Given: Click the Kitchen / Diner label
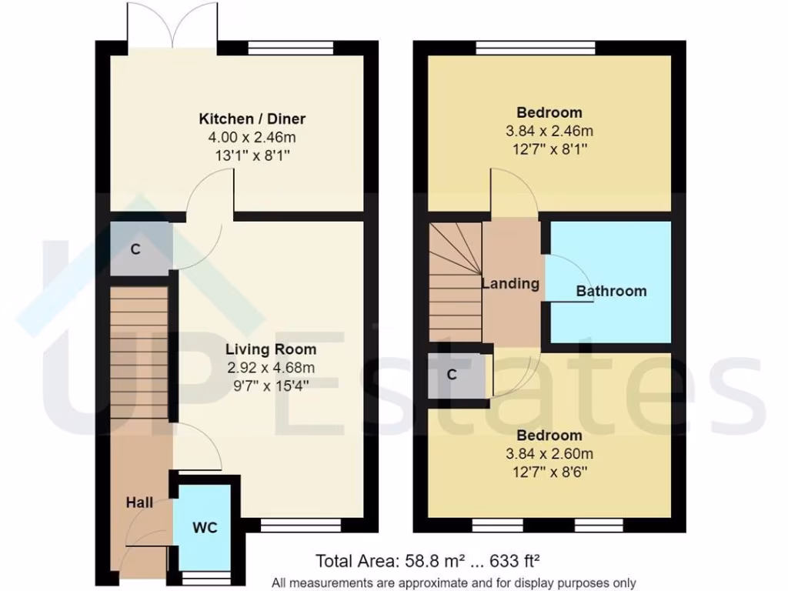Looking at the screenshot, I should [x=252, y=119].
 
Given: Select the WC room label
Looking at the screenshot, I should [x=205, y=528].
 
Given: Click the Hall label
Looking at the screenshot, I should [x=139, y=503].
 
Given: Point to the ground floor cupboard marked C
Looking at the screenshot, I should [x=135, y=249].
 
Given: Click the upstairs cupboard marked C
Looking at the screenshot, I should [x=452, y=375].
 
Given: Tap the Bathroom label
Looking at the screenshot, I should [x=611, y=291].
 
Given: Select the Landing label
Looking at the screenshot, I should [x=510, y=283].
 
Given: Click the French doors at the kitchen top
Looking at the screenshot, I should [x=174, y=25].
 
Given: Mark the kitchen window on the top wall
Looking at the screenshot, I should [x=290, y=48].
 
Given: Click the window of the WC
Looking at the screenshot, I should [x=205, y=576].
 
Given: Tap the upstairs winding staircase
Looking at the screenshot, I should [x=454, y=281].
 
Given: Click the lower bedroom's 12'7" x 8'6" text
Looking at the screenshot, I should [x=549, y=469].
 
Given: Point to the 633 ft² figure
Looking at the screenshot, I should [x=519, y=560].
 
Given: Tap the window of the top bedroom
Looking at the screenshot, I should [x=536, y=48].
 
